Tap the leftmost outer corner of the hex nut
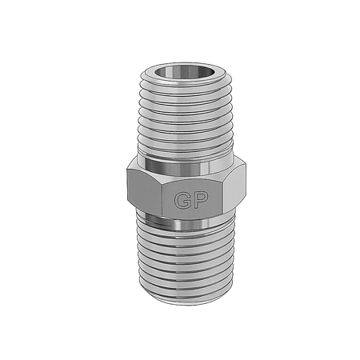(126, 186)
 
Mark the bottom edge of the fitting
(181, 303)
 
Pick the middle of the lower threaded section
(181, 260)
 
